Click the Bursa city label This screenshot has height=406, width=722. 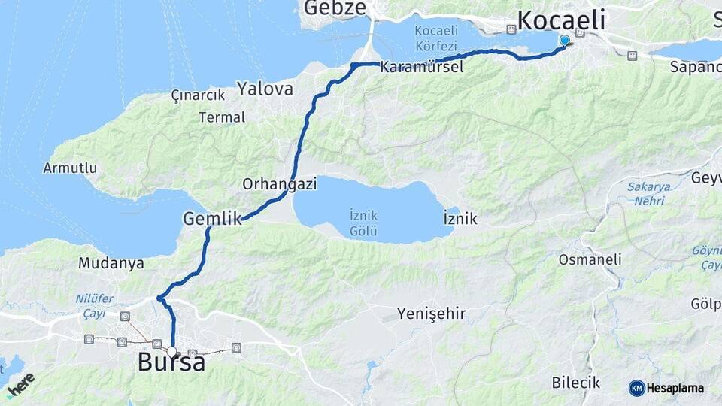pos(171,363)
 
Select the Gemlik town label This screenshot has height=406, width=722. pos(212,219)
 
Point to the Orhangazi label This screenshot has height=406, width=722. pos(279,183)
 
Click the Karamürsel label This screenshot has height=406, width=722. pos(421,67)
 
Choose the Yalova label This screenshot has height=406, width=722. pos(265,89)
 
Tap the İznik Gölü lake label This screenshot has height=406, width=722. pos(364,222)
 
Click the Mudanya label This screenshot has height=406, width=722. pos(111,263)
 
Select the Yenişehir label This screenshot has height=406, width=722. pos(432,313)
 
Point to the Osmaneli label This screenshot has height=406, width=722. pos(590,259)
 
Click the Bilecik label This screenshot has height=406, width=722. pos(575,383)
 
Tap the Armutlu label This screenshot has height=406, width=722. pos(70,168)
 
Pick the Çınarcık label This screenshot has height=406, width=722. pos(198,95)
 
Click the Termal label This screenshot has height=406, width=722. pos(222,117)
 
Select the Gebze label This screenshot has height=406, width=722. pos(335,8)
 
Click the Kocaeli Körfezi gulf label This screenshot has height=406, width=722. pos(435,38)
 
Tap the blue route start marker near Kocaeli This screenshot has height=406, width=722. pos(565,40)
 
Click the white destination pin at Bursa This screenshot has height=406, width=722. pos(172,351)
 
